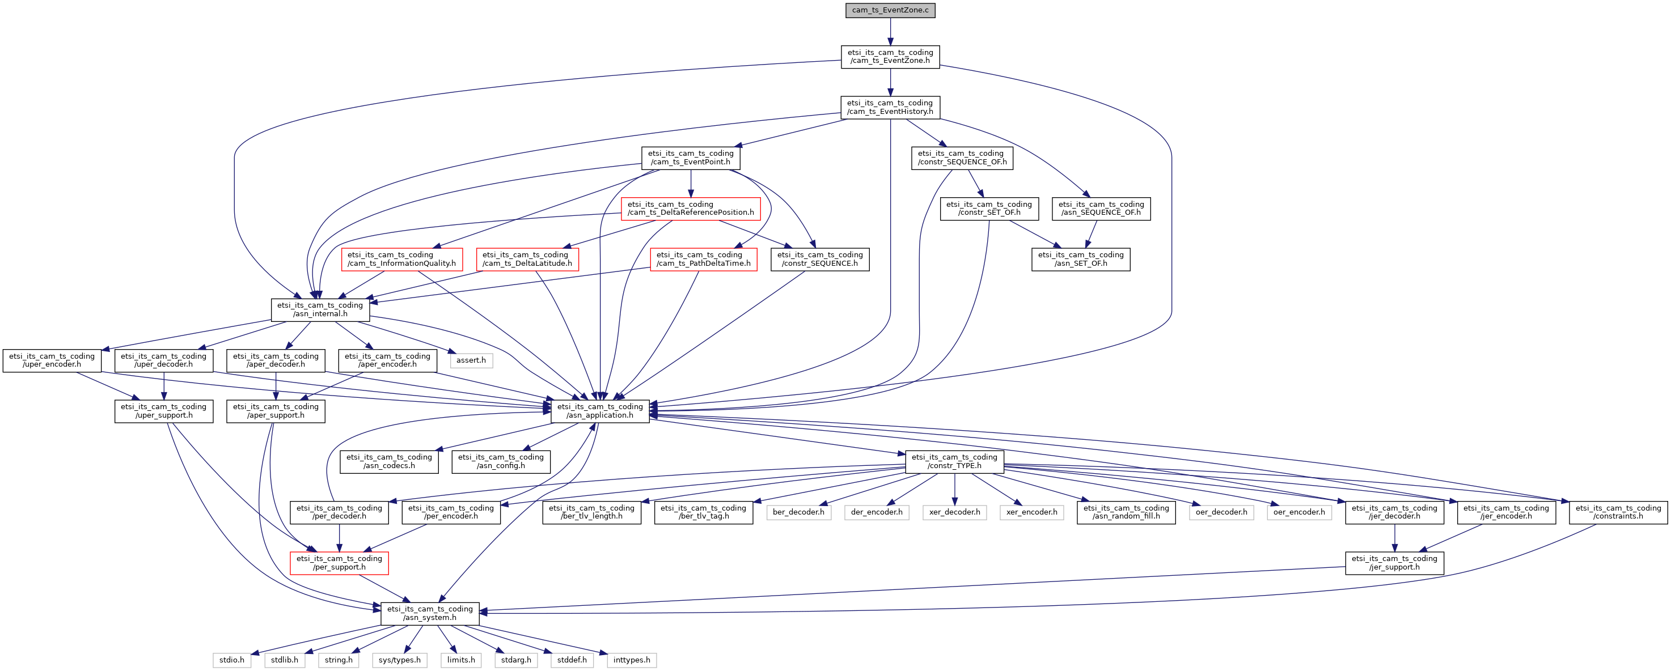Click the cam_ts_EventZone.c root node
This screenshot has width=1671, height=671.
pos(890,10)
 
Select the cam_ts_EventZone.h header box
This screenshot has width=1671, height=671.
pos(890,57)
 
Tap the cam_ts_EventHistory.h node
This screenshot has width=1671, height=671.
pos(890,107)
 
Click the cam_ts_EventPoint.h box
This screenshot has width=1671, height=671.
pos(690,158)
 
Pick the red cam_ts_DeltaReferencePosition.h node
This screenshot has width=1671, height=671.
pos(690,208)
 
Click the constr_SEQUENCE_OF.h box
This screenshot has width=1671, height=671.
pos(962,158)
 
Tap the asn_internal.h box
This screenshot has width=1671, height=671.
pos(320,309)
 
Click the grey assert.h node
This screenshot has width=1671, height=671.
pos(471,360)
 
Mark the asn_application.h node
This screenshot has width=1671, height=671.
pos(600,411)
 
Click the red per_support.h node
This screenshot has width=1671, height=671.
pos(339,563)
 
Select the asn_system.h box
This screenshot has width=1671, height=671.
pos(429,613)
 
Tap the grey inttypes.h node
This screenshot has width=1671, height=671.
pos(631,660)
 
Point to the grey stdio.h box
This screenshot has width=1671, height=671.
pos(231,660)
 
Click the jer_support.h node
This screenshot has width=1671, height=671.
pos(1394,563)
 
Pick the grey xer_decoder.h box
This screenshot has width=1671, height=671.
pos(954,512)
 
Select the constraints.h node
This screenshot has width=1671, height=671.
pos(1618,512)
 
